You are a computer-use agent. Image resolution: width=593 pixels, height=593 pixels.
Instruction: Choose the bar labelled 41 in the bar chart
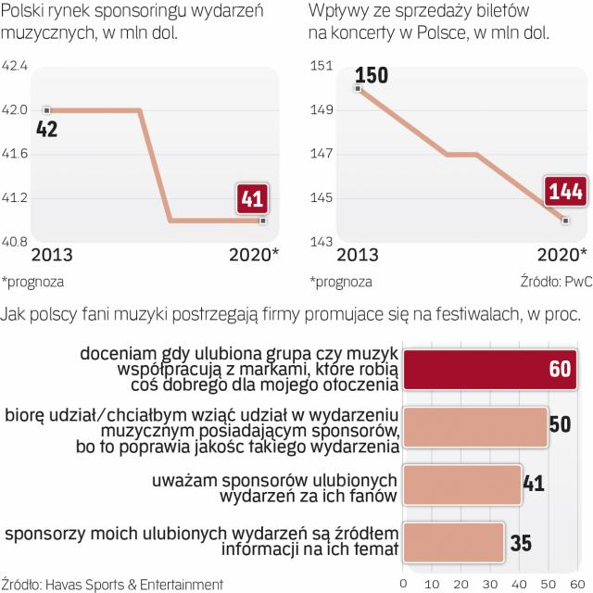462,486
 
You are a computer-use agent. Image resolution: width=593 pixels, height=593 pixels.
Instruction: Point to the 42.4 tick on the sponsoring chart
16,66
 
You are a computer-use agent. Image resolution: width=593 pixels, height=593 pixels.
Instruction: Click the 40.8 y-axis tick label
16,243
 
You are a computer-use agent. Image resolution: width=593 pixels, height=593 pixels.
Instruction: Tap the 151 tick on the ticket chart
322,66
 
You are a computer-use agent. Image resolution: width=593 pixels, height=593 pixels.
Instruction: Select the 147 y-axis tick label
322,155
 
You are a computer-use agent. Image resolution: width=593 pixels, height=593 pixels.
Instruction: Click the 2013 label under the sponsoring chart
53,255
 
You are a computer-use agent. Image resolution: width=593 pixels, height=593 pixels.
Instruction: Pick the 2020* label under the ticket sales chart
561,255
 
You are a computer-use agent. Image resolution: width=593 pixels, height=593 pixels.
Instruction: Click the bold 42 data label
46,128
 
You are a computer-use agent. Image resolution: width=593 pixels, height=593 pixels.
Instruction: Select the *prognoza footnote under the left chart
33,281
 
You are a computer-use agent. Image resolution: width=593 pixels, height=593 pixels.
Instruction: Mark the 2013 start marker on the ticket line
358,88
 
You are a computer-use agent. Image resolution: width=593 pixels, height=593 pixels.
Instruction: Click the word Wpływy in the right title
337,13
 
